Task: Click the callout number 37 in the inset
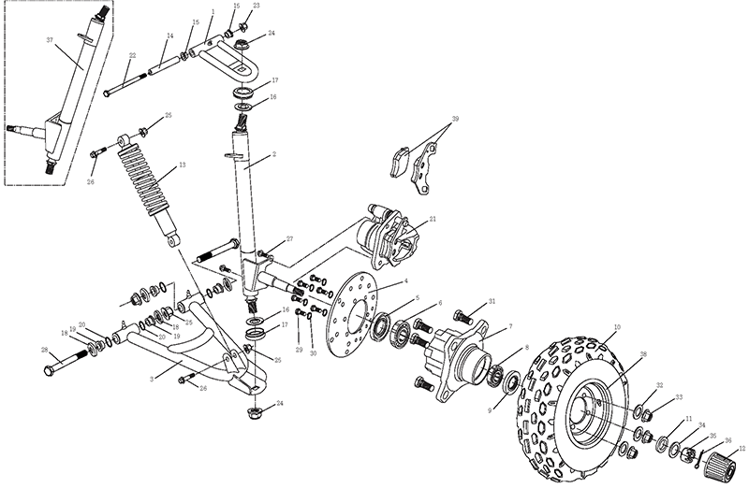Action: tap(50, 41)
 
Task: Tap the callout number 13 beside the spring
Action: tap(182, 165)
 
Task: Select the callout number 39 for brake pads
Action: tap(455, 121)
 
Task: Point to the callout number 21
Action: tap(433, 221)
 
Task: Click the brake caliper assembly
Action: tap(389, 234)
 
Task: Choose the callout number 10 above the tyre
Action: tap(616, 327)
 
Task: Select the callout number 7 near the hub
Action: tap(510, 328)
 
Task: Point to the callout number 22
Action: tap(132, 55)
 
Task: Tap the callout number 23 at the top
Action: tap(257, 6)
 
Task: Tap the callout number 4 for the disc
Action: tap(405, 281)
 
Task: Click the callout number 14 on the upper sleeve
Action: tap(169, 36)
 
